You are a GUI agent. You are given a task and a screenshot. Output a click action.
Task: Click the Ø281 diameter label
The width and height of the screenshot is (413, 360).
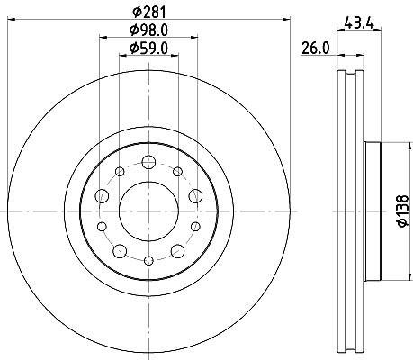[149, 12]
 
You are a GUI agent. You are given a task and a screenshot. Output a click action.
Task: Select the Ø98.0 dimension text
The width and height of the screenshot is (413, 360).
[148, 30]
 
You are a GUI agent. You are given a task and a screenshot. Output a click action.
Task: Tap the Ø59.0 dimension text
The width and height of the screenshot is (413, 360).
[148, 48]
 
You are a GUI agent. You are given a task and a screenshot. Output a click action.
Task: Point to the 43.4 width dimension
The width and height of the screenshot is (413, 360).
[359, 22]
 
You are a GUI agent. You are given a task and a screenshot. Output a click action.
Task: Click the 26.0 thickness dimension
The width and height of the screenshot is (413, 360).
[315, 48]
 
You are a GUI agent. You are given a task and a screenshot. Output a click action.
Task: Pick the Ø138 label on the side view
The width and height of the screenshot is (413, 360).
[403, 211]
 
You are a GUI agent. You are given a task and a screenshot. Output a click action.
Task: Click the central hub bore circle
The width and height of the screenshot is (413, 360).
[148, 211]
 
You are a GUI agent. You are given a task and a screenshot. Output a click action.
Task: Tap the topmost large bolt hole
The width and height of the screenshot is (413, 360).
[148, 162]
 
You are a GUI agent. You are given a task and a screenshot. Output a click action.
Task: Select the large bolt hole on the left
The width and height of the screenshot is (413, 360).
[102, 196]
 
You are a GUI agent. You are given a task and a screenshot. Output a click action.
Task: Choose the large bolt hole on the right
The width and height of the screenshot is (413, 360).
[195, 196]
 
